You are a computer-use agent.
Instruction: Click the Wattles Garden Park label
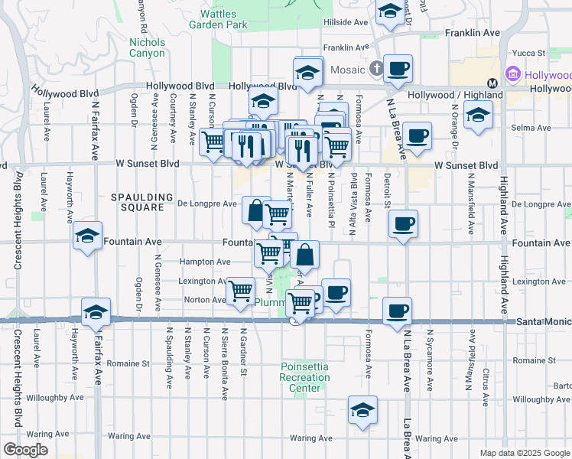(x=223, y=19)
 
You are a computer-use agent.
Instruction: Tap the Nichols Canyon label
(x=147, y=47)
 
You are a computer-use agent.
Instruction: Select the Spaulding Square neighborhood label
(x=138, y=202)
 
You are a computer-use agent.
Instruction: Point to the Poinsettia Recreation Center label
(x=304, y=377)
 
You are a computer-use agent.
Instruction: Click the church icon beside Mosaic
(x=375, y=70)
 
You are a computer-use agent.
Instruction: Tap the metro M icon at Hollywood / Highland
(x=492, y=83)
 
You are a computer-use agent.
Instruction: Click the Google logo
(x=24, y=449)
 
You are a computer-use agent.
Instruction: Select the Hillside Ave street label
(x=346, y=23)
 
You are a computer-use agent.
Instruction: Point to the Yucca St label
(x=528, y=54)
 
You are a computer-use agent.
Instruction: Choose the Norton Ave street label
(x=204, y=300)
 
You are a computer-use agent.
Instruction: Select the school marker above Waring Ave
(x=362, y=409)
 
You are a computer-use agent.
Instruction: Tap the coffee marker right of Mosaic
(x=398, y=68)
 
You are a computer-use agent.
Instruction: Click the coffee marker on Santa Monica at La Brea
(x=397, y=311)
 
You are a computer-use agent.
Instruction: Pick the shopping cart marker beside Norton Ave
(x=241, y=291)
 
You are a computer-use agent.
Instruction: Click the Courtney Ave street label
(x=174, y=119)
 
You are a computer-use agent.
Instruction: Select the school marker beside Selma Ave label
(x=478, y=115)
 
